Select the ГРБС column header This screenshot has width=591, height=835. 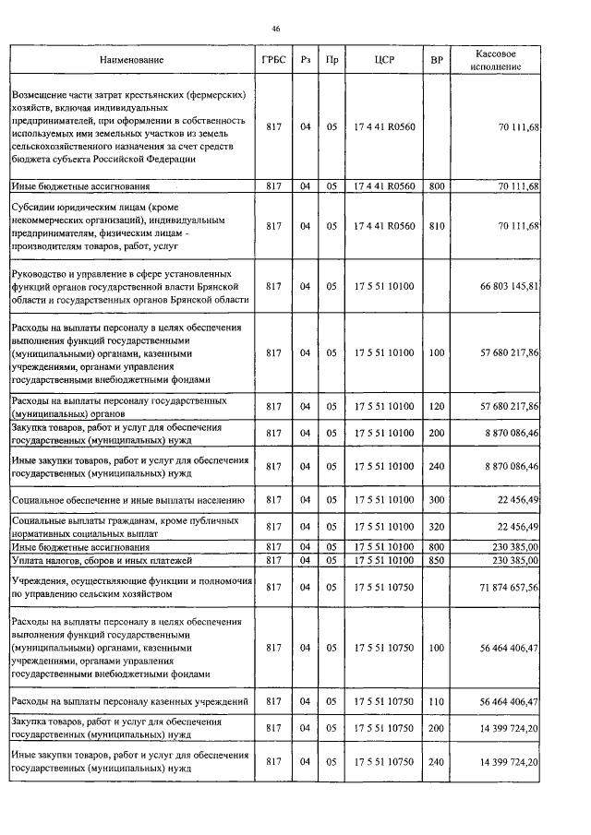click(272, 60)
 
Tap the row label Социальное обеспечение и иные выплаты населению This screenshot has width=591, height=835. click(127, 500)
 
